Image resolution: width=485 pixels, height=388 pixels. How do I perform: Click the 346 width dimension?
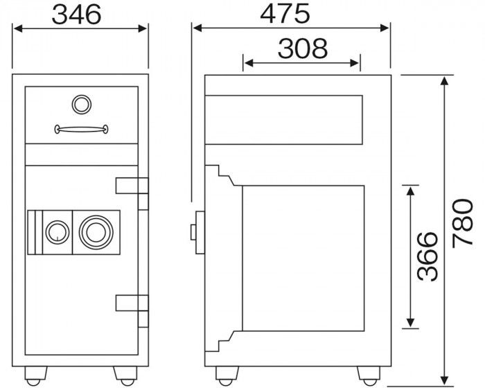[76, 15]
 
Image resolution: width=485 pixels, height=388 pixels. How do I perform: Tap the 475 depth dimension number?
[285, 14]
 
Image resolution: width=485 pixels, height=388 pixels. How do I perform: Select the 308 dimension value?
[303, 48]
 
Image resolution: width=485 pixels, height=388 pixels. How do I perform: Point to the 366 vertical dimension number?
[427, 256]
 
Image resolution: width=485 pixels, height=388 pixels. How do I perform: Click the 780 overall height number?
[462, 223]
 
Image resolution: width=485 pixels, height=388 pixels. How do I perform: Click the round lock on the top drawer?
[81, 104]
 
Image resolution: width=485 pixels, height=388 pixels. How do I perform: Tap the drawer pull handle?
[81, 129]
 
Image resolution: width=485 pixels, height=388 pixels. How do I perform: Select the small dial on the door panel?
[58, 232]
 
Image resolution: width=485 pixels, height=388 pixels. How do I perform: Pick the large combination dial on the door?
[96, 232]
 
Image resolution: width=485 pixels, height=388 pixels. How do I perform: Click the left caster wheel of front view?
[35, 376]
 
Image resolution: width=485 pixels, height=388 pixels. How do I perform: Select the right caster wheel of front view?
[125, 376]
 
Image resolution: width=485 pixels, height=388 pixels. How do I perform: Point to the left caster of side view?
[227, 376]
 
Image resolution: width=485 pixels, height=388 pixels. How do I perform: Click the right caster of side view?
[369, 376]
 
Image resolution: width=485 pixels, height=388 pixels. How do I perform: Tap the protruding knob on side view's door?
[193, 232]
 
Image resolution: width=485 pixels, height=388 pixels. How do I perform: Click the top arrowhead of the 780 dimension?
[445, 80]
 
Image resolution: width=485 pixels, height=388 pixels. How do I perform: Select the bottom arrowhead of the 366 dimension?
[410, 322]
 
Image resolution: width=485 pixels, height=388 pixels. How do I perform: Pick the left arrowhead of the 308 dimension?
[249, 63]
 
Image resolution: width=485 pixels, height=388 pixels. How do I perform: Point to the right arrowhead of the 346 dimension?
[142, 28]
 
